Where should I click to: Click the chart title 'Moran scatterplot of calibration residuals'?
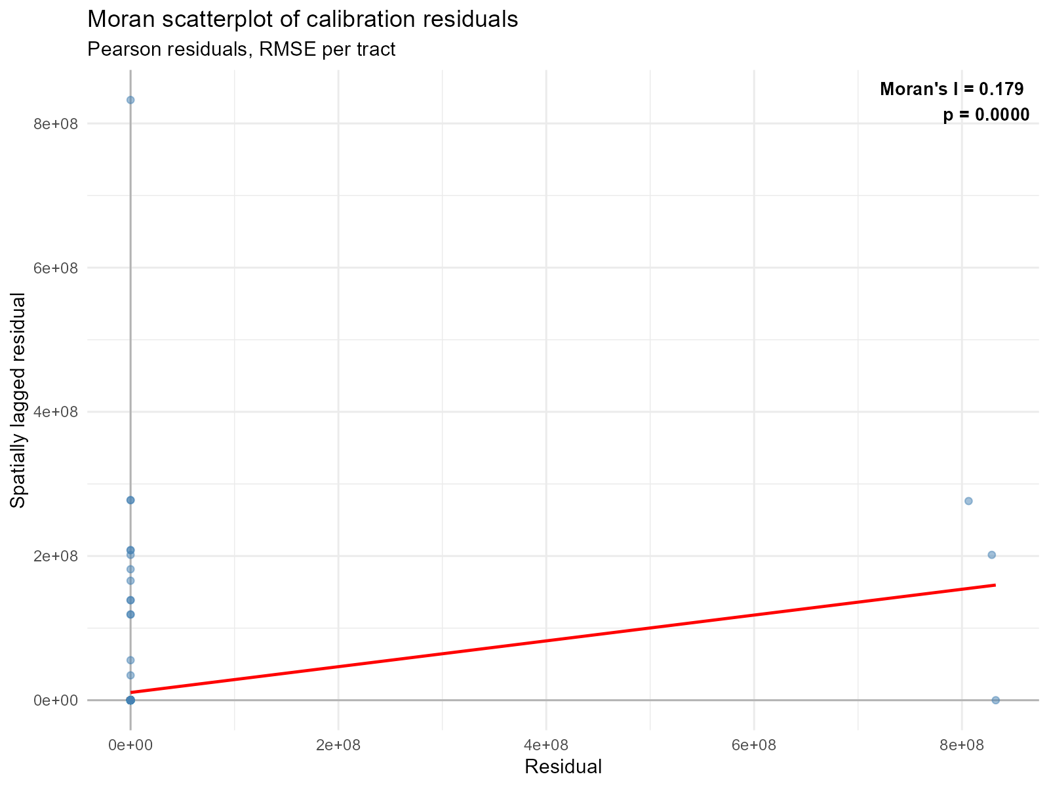tap(302, 20)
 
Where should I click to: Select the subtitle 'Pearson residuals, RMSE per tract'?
tap(241, 49)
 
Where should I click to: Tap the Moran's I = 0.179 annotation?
tap(951, 89)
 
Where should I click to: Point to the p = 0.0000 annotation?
tap(985, 115)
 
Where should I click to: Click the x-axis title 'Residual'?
tap(563, 766)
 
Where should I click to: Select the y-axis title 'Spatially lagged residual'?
tap(18, 400)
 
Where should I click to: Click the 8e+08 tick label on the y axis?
tap(56, 124)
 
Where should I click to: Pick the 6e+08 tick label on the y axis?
tap(56, 268)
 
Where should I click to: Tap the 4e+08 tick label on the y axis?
tap(56, 412)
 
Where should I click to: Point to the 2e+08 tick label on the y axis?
tap(56, 556)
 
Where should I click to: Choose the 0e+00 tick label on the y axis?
tap(56, 700)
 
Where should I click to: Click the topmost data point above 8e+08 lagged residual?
tap(130, 100)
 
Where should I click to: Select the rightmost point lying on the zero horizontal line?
tap(995, 700)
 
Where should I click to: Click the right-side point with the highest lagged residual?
tap(968, 501)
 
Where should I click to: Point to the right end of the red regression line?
tap(995, 584)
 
